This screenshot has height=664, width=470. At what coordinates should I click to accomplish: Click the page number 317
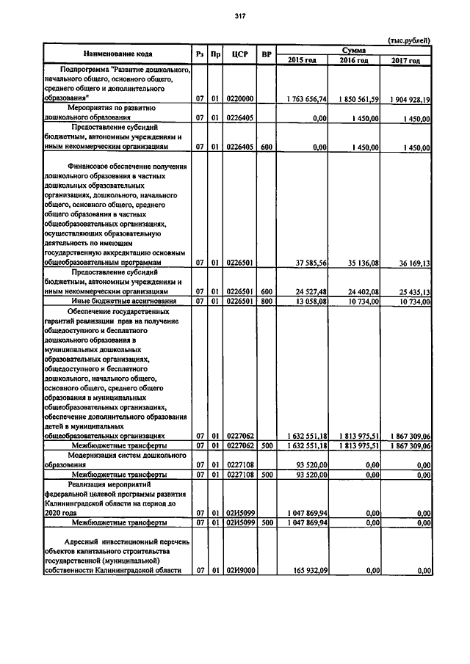239,15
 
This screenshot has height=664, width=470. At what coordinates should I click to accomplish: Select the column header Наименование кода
117,54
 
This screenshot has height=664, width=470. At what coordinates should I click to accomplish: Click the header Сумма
354,49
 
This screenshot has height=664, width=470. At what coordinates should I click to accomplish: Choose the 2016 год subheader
354,59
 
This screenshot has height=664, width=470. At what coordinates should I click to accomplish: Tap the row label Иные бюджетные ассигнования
123,301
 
